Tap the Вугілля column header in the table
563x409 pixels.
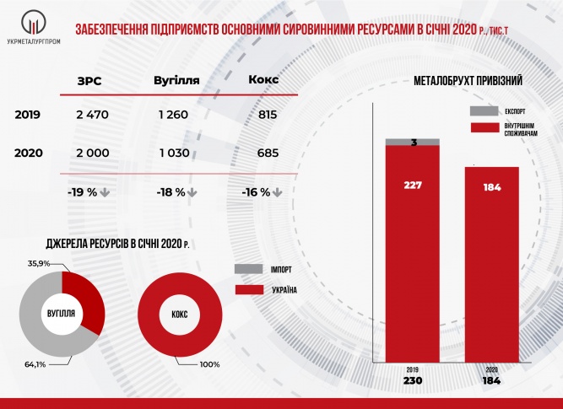176,81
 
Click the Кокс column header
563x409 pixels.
263,81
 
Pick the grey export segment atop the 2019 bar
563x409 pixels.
412,142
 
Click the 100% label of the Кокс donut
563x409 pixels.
209,364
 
